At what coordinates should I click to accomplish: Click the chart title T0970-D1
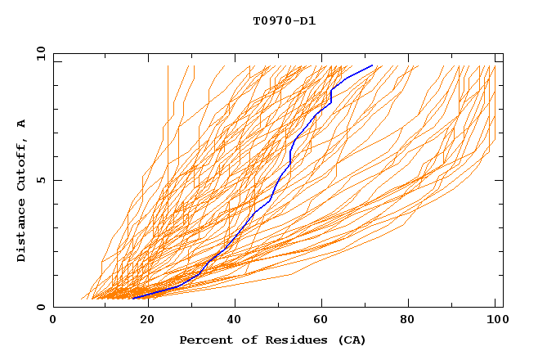point(284,21)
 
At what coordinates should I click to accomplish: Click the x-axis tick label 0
point(53,322)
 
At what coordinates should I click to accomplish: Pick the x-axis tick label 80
point(407,322)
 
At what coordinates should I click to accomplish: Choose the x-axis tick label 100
point(495,322)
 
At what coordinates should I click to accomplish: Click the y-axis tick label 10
point(39,54)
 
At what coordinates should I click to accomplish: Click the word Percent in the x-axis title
point(204,340)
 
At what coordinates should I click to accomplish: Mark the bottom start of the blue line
point(132,298)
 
